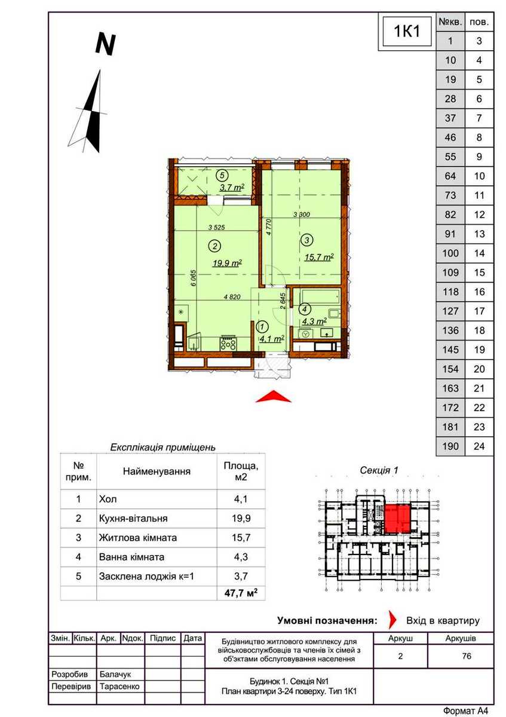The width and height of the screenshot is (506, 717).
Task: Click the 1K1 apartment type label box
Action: point(407,32)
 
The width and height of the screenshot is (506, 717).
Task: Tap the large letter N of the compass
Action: point(105,44)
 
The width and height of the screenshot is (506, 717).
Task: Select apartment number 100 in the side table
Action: point(450,253)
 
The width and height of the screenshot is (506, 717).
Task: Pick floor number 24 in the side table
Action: point(479,446)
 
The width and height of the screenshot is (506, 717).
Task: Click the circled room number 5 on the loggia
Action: point(222,175)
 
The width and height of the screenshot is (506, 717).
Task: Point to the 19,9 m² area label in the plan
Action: point(227,263)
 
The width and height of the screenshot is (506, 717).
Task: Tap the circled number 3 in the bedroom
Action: point(306,240)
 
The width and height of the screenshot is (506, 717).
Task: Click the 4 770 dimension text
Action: point(268,227)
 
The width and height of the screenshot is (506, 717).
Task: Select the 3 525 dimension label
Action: point(216,228)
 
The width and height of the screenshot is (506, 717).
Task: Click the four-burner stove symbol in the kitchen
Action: point(228,344)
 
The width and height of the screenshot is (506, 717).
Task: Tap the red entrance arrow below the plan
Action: point(273,396)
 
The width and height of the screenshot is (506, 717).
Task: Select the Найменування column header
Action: point(157,471)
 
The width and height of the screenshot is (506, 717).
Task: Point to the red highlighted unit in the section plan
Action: point(397,519)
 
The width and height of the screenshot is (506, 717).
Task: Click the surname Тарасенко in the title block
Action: point(119,687)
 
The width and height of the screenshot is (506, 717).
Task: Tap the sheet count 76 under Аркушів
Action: point(467,656)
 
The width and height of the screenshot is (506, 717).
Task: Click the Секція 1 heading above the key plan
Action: point(379,470)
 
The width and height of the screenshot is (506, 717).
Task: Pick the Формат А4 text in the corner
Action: point(465,710)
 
